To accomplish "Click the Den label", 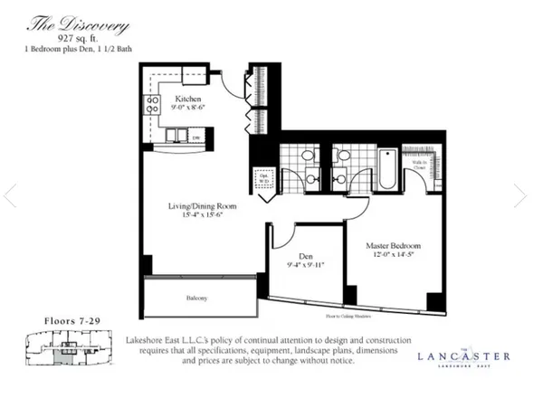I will [305, 255].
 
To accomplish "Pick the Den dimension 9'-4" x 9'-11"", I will [305, 266].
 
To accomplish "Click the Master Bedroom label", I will [392, 245].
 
